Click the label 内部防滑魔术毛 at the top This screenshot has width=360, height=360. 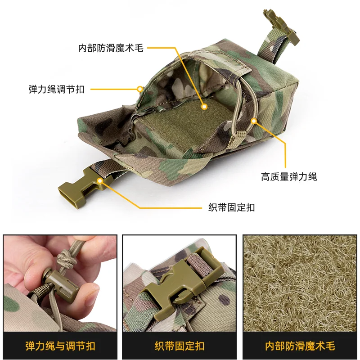[111, 48]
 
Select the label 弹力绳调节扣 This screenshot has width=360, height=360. [56, 89]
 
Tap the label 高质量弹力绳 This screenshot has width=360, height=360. [289, 176]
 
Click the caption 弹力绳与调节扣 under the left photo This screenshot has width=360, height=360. [60, 346]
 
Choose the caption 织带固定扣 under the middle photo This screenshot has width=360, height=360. [180, 346]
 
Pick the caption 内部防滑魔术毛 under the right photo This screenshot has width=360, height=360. [300, 346]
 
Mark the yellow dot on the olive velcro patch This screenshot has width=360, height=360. [204, 107]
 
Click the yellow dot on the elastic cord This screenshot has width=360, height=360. [254, 121]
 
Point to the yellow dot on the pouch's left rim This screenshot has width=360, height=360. [140, 89]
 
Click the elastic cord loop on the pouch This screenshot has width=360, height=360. [245, 108]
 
